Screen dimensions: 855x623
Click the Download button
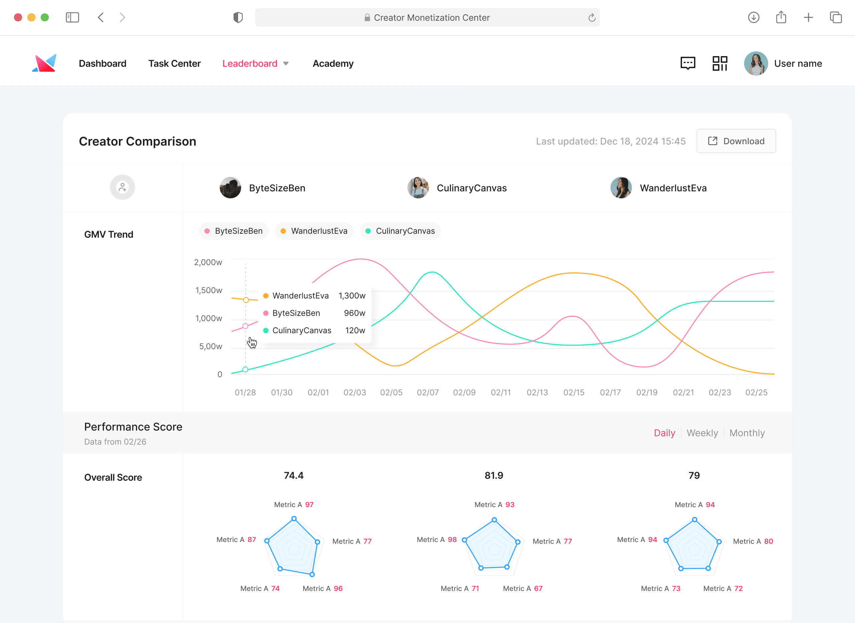pyautogui.click(x=736, y=141)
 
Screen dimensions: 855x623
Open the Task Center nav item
pyautogui.click(x=174, y=63)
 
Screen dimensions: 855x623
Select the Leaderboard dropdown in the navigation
pyautogui.click(x=255, y=63)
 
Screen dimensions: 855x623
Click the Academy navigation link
pyautogui.click(x=333, y=63)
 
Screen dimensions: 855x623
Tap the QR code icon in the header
pyautogui.click(x=720, y=63)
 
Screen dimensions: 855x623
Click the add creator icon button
pyautogui.click(x=122, y=187)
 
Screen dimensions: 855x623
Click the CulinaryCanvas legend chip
pyautogui.click(x=400, y=231)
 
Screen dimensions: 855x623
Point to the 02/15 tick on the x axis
pyautogui.click(x=574, y=392)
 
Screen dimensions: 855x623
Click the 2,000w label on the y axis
pyautogui.click(x=208, y=262)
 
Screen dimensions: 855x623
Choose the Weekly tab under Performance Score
pyautogui.click(x=702, y=433)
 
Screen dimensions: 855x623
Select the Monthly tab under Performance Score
pyautogui.click(x=747, y=433)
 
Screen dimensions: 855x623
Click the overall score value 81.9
pyautogui.click(x=494, y=475)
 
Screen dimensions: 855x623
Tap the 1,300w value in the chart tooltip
pyautogui.click(x=352, y=296)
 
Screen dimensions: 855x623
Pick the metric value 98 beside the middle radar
pyautogui.click(x=452, y=539)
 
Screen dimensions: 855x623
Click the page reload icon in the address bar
pyautogui.click(x=592, y=17)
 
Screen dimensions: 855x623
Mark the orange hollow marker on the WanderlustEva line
pyautogui.click(x=246, y=300)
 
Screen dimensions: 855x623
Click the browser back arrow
pyautogui.click(x=101, y=17)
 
